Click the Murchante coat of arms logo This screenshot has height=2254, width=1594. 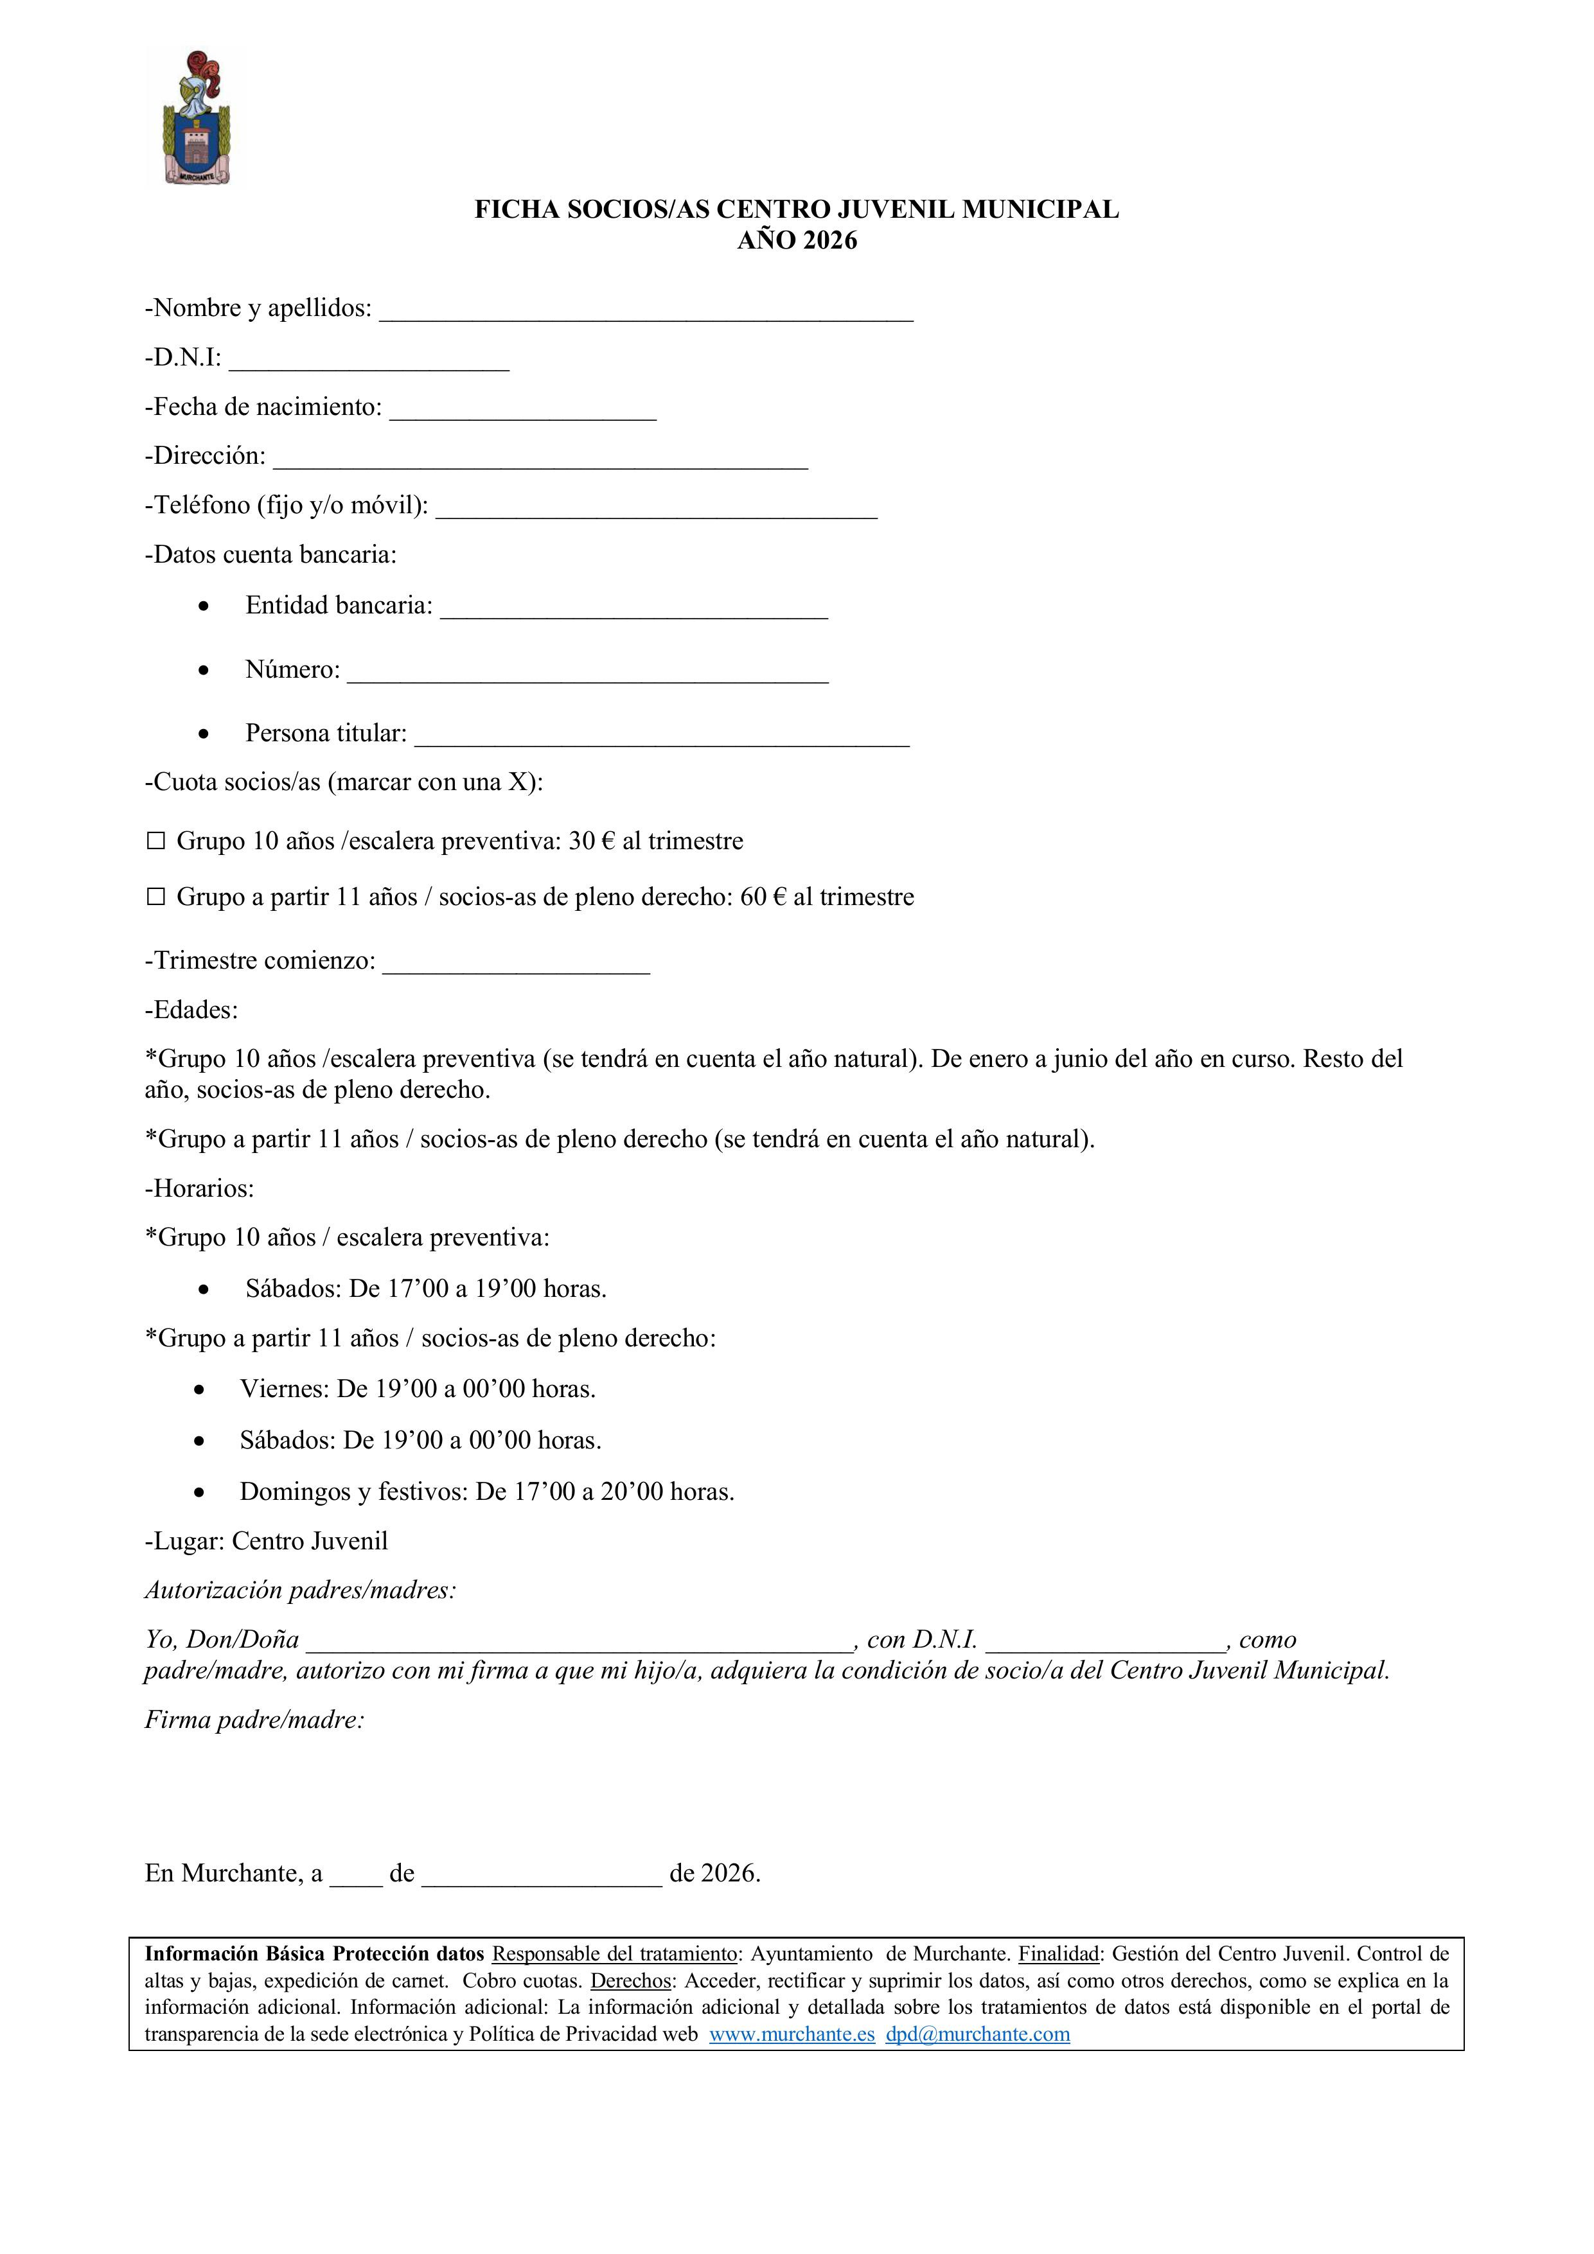195,118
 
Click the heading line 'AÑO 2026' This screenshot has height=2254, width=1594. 797,240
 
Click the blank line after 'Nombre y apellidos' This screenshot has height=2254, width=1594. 646,312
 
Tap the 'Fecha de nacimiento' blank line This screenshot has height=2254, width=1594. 522,411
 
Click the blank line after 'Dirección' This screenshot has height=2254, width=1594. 540,461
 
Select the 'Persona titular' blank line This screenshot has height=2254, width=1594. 661,737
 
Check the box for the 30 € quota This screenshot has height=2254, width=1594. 155,841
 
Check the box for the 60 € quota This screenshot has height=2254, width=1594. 155,897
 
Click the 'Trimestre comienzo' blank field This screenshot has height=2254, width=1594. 516,965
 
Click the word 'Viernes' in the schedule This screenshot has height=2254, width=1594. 284,1389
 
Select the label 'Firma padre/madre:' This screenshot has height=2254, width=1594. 254,1720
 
